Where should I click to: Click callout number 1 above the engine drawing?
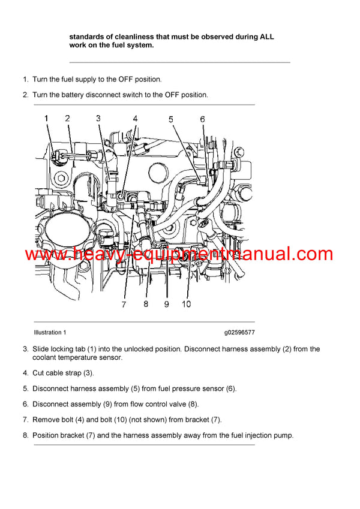pos(47,119)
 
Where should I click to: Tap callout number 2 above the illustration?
pos(67,119)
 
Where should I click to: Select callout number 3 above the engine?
pos(98,119)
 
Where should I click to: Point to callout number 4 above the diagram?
pos(136,119)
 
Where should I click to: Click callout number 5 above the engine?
pos(171,119)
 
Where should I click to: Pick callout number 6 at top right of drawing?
pos(202,119)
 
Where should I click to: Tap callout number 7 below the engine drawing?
pos(124,304)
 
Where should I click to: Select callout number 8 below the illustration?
pos(145,304)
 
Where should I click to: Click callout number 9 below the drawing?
pos(166,304)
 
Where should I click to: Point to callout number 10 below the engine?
pos(186,304)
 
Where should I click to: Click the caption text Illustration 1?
pos(50,332)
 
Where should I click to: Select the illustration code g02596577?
pos(239,332)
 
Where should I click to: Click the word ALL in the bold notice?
pos(267,37)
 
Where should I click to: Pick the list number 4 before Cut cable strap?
pos(26,373)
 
